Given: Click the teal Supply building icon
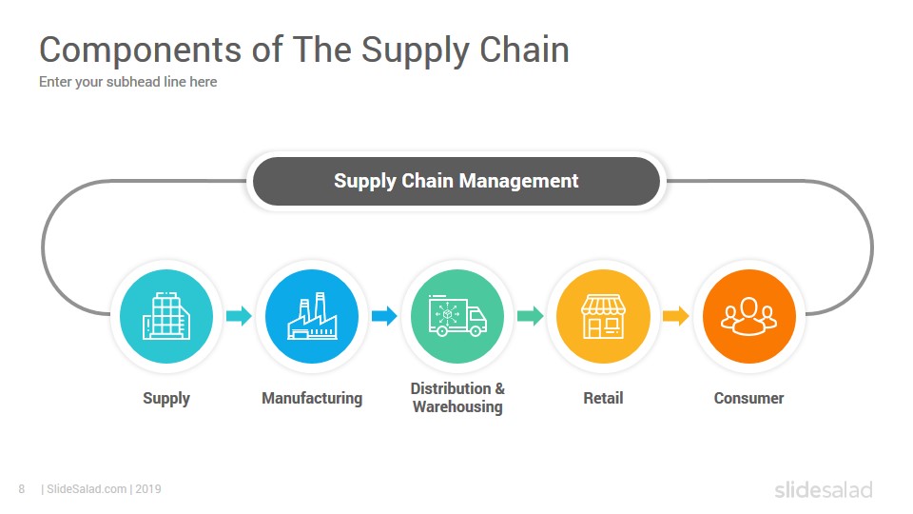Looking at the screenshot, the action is point(166,316).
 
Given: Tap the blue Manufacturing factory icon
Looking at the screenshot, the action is point(312,316).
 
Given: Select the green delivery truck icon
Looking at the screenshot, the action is point(457,316).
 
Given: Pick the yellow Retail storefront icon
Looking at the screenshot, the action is point(603,316).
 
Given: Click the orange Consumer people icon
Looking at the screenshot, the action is point(748,316).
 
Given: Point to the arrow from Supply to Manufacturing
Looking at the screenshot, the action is point(239,316).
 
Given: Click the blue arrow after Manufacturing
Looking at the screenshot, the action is point(384,316).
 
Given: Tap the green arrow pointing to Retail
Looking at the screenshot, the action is point(530,316).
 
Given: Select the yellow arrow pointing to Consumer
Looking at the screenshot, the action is point(675,316).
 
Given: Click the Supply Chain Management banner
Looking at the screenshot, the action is point(456,181).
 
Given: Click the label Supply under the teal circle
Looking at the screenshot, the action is point(166,399).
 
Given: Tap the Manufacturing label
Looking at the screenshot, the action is point(312,399).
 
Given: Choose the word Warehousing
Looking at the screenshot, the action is point(457,406).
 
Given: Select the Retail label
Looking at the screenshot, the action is point(603,398).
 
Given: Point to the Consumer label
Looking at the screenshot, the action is point(748,398).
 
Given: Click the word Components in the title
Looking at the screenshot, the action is point(141,50).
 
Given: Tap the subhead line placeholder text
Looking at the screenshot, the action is point(128,82).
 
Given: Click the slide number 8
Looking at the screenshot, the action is point(22,489).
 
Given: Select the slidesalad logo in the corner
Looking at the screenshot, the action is point(824,489).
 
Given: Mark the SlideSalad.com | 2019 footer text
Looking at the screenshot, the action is point(102,489).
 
